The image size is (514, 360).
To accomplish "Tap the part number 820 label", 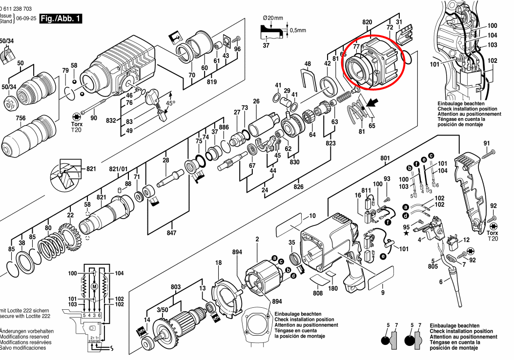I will coord(368,22).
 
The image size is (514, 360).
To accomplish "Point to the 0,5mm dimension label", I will coord(296,30).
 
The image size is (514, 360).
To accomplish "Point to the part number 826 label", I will coord(298,187).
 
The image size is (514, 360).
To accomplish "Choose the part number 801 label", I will coord(385,158).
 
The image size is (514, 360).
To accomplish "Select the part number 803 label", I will coord(176,287).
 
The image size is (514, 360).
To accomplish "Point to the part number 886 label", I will coord(224,127).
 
